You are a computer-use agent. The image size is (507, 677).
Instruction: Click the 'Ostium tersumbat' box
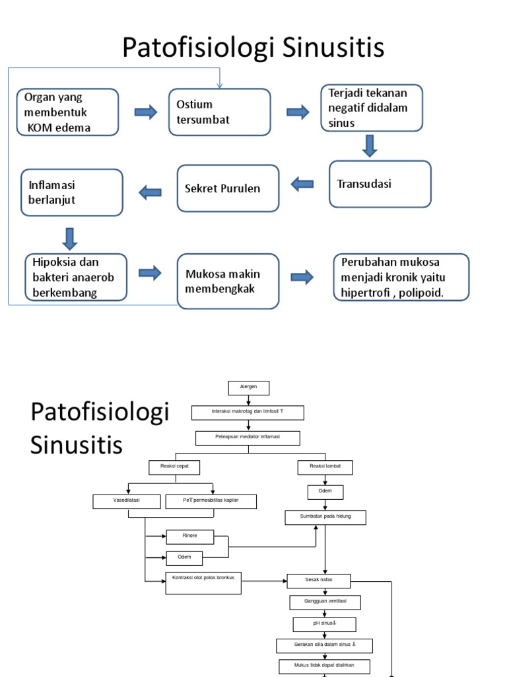click(219, 112)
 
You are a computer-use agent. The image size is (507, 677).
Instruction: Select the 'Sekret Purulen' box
click(228, 188)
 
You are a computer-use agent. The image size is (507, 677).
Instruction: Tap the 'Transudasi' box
click(380, 184)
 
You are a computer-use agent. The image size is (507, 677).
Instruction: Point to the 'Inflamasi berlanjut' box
click(72, 192)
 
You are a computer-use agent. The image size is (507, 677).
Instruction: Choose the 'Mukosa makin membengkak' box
click(228, 281)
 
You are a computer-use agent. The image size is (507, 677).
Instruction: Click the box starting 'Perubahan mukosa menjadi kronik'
click(401, 278)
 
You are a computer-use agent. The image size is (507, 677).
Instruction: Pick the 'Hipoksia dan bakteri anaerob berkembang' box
click(75, 278)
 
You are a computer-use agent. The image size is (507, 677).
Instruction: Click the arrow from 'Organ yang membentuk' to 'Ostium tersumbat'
click(146, 112)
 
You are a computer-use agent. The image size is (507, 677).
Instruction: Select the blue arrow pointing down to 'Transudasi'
click(370, 145)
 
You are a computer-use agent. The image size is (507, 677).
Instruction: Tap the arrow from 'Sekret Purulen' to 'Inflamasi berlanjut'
click(150, 192)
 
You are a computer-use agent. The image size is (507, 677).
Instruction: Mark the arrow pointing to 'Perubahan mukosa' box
click(302, 277)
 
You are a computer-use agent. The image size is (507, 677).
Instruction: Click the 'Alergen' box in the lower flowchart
click(249, 387)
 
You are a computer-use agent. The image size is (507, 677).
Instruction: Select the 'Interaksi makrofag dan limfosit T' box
click(248, 413)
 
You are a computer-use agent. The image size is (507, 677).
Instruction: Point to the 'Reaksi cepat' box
click(174, 467)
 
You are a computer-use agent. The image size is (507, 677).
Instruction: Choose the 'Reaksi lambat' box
click(325, 467)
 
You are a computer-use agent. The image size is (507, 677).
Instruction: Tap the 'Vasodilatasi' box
click(126, 502)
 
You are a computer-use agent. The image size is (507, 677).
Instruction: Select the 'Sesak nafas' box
click(319, 580)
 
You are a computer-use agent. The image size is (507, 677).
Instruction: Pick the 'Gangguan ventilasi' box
click(325, 602)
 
